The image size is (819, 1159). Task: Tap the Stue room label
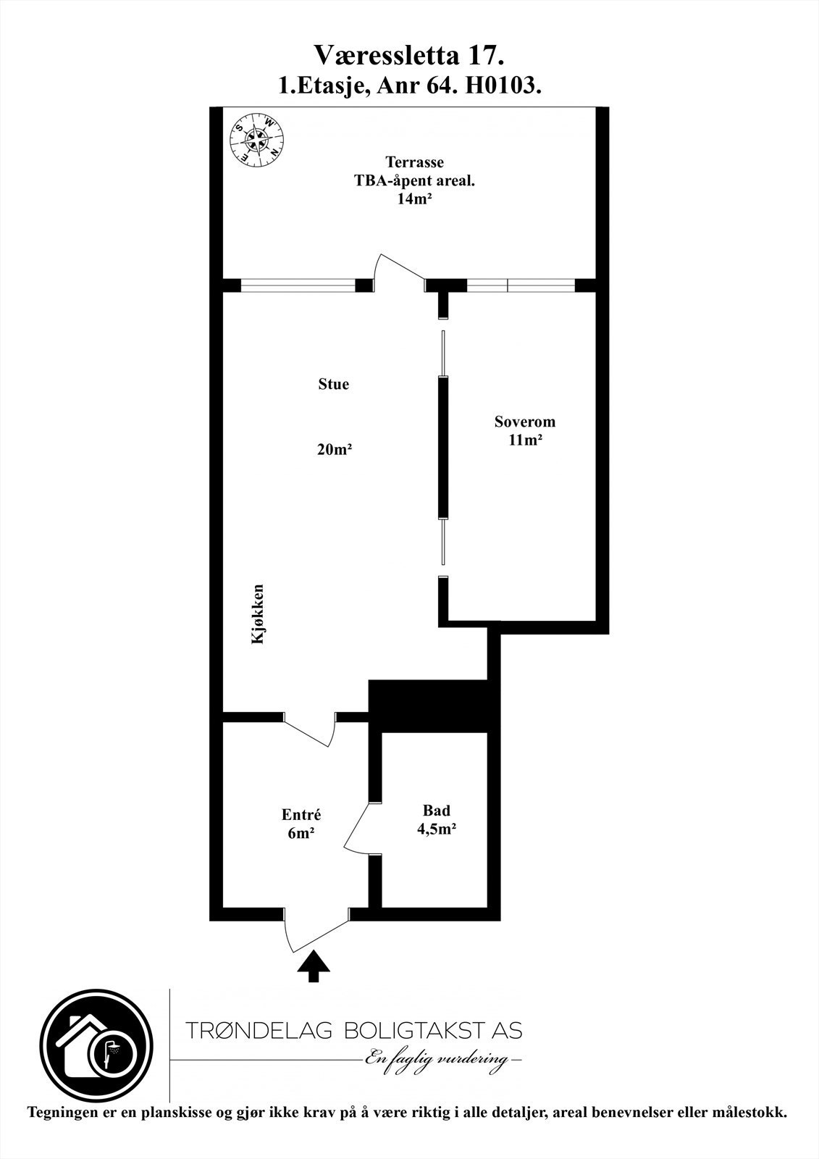tap(333, 384)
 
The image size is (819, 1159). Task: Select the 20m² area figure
tap(334, 450)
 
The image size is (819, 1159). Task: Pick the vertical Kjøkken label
tap(258, 614)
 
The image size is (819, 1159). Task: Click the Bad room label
tap(437, 811)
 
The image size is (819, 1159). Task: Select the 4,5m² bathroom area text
tap(436, 829)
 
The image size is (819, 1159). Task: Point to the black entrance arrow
tap(314, 966)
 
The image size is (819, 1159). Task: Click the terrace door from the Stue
tap(398, 272)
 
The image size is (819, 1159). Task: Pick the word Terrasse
tap(414, 162)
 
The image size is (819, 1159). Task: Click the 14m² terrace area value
tap(414, 200)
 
